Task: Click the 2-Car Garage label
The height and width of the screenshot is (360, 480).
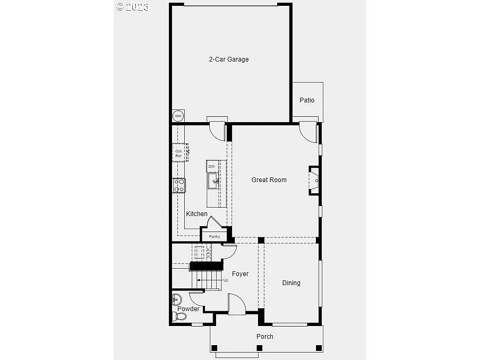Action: click(x=228, y=59)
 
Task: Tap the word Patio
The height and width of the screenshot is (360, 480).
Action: click(x=307, y=100)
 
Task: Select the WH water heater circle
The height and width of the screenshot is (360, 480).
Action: click(x=178, y=116)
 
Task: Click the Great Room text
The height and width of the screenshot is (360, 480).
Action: click(x=269, y=180)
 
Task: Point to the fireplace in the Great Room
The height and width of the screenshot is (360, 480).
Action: click(x=314, y=181)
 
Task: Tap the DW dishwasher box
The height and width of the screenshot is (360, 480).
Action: click(x=212, y=167)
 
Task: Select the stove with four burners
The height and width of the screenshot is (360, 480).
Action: click(x=179, y=185)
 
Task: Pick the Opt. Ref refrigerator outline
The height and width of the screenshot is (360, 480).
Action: click(x=179, y=153)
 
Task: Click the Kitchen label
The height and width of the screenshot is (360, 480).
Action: click(x=196, y=214)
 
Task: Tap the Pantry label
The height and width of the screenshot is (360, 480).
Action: click(x=215, y=236)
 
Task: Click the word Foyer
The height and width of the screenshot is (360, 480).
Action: click(x=240, y=274)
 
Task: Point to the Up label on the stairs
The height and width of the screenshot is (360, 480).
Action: click(x=226, y=280)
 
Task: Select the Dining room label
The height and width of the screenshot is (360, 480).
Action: click(x=291, y=283)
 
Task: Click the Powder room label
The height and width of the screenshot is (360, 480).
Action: click(x=188, y=309)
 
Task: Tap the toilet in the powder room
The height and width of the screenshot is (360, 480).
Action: click(x=180, y=317)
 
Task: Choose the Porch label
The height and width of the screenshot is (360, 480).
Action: click(x=265, y=336)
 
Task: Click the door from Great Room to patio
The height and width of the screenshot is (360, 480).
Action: click(x=308, y=132)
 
